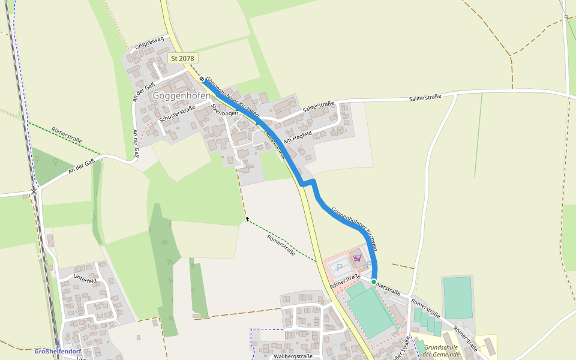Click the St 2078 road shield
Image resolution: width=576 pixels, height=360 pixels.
click(183, 58)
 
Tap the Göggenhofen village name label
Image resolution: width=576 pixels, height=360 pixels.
click(181, 95)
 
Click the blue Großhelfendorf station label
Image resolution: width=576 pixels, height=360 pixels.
click(58, 351)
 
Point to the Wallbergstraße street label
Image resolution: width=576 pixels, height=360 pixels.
click(293, 356)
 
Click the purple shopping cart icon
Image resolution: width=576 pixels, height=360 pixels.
click(357, 258)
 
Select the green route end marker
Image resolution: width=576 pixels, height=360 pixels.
click(373, 281)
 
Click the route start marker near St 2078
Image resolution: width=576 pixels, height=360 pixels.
click(202, 79)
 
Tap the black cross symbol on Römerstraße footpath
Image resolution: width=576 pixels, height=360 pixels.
click(247, 220)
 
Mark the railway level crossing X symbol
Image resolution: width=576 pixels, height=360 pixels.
click(34, 192)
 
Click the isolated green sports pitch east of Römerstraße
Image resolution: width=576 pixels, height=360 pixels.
click(458, 297)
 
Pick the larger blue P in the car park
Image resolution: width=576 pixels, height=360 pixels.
click(339, 268)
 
